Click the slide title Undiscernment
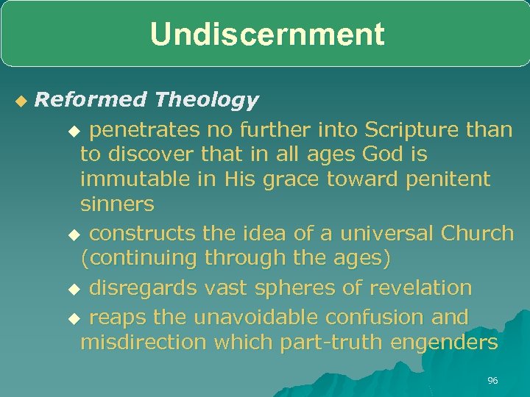point(266,35)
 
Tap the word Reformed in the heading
point(91,99)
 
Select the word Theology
point(207,99)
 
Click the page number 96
point(492,380)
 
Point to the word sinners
point(117,203)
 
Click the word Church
point(477,233)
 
